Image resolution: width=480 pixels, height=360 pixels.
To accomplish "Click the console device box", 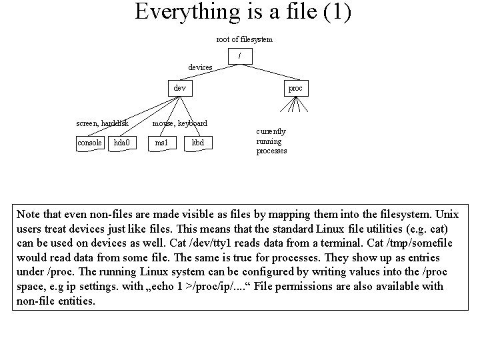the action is (x=89, y=143).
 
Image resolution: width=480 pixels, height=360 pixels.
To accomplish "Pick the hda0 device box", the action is (x=122, y=143).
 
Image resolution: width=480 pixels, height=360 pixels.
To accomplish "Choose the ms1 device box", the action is (x=161, y=143).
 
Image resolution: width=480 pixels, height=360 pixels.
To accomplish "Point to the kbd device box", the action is (x=198, y=143).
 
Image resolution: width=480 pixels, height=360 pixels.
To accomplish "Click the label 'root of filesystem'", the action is (x=244, y=39).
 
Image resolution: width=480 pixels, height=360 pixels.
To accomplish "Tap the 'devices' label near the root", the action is (x=200, y=67).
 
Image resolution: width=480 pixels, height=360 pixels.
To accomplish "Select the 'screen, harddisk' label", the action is (x=102, y=123).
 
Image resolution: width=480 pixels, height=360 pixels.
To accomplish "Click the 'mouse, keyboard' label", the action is (x=179, y=123).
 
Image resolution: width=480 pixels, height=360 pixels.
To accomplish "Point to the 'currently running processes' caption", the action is (x=271, y=141).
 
